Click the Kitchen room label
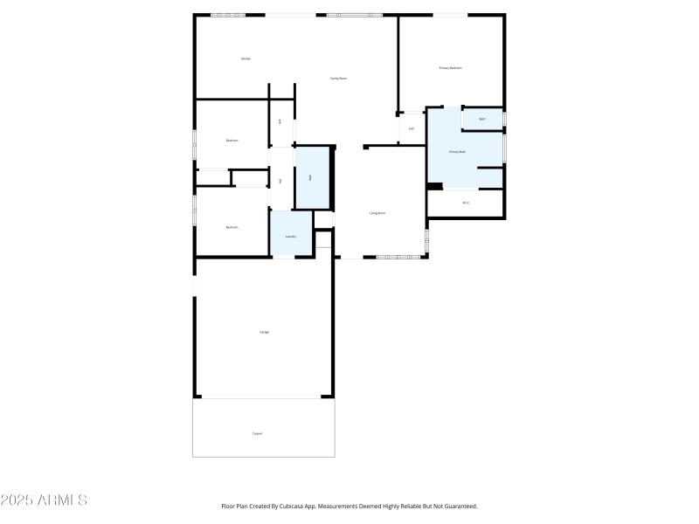(x=246, y=59)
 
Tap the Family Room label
(x=338, y=79)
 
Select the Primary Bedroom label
(x=450, y=68)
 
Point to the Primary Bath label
(x=457, y=152)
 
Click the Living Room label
(x=377, y=213)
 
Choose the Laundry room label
(x=290, y=236)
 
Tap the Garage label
(x=264, y=332)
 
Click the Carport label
(x=257, y=433)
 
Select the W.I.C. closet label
(x=466, y=203)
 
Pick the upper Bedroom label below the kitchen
(x=232, y=140)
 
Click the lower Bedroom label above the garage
(x=232, y=227)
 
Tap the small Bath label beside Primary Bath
(x=481, y=119)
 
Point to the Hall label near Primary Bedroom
(x=411, y=129)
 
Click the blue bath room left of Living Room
(x=311, y=177)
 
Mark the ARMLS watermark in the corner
(x=44, y=500)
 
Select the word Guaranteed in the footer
(x=457, y=506)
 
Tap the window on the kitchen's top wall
(x=228, y=15)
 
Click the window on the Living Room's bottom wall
(x=398, y=257)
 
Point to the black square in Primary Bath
(x=434, y=185)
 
